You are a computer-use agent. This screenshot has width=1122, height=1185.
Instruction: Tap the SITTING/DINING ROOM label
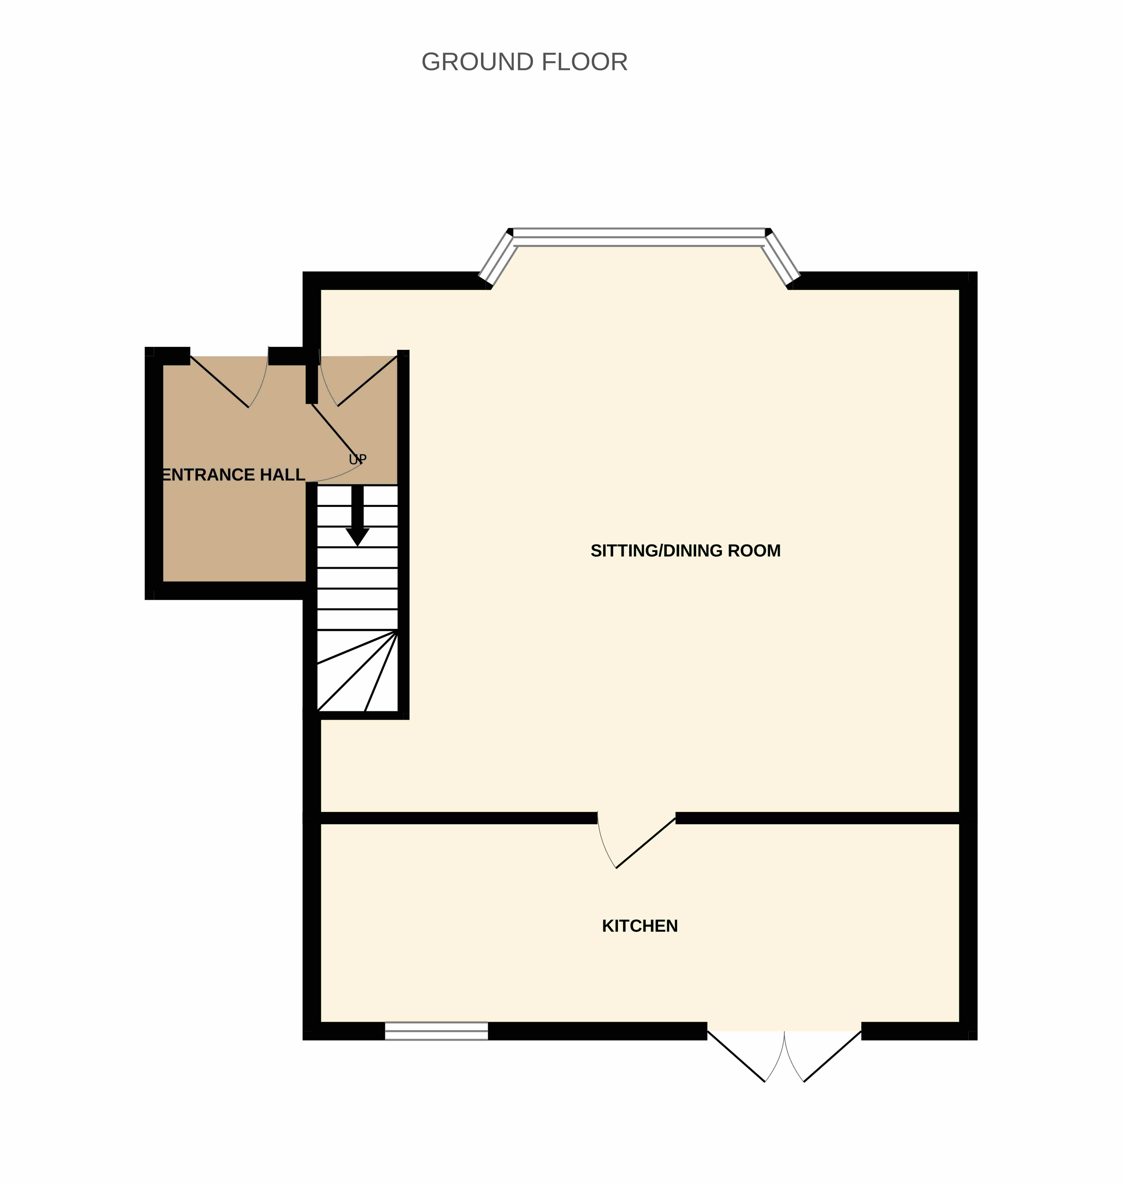685,551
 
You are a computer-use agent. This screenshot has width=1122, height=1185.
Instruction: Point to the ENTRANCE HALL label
234,475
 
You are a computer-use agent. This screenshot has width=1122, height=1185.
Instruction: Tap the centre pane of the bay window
639,237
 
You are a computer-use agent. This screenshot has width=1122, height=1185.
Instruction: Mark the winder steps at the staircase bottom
357,671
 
